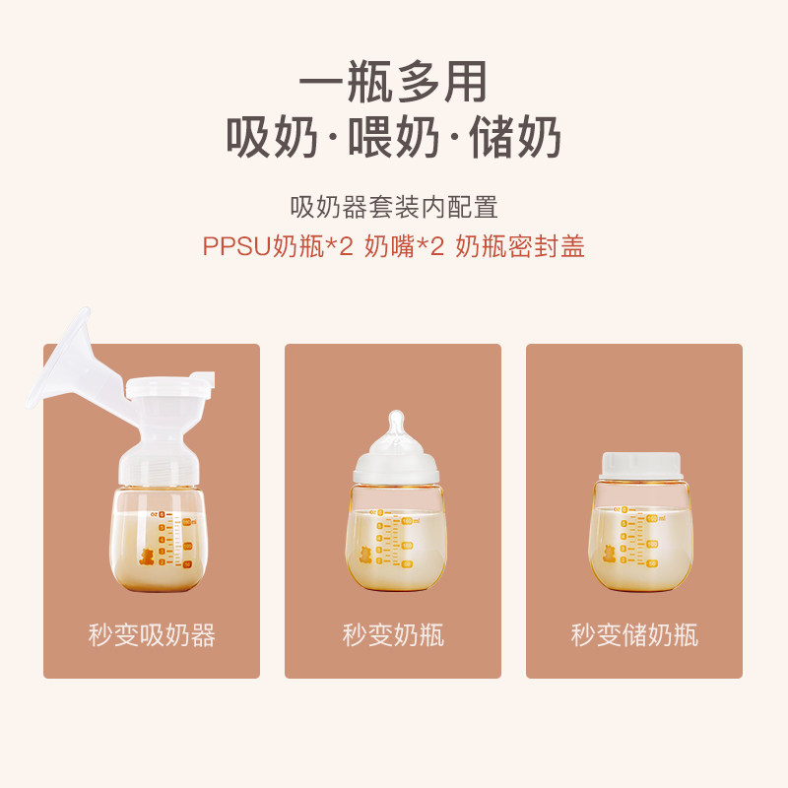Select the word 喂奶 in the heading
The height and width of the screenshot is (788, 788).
pos(393,139)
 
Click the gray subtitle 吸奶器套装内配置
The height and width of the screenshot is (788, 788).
pos(393,207)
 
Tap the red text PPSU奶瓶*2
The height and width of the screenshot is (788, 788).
pos(277,246)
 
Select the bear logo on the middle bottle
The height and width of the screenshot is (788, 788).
pos(365,555)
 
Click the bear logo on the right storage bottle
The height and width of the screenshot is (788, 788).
pos(608,555)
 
